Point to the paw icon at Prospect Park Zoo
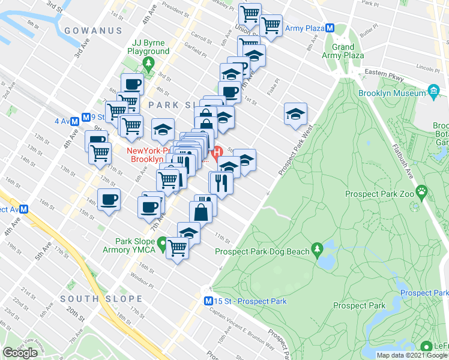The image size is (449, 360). [x=423, y=194]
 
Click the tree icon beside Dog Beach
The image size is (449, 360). [x=316, y=250]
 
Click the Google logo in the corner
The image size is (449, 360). [x=20, y=353]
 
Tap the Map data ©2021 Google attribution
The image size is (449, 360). [x=411, y=355]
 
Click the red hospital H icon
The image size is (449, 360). [x=219, y=152]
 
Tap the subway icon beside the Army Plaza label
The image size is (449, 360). [x=330, y=28]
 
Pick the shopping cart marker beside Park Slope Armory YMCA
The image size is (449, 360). [x=178, y=247]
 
